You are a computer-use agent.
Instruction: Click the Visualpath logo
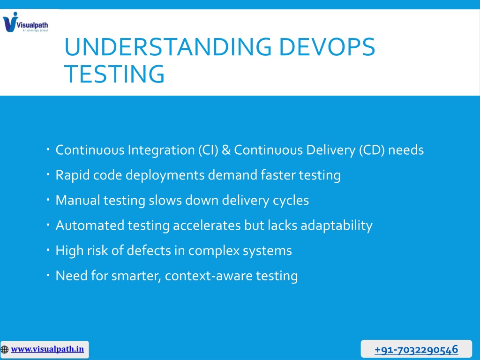tap(25, 22)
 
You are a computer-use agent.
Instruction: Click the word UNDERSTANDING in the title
tap(168, 47)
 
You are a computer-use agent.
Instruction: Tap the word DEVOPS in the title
tap(327, 47)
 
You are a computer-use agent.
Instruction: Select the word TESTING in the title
tap(114, 74)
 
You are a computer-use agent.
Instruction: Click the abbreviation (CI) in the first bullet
tap(208, 150)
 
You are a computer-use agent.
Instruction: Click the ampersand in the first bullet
tap(226, 150)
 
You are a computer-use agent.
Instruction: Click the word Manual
tap(78, 200)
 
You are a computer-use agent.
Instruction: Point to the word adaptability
tap(337, 226)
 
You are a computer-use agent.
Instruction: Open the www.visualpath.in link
tap(47, 349)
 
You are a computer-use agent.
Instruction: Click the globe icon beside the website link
tap(5, 349)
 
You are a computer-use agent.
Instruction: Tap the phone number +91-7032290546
tap(416, 349)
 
